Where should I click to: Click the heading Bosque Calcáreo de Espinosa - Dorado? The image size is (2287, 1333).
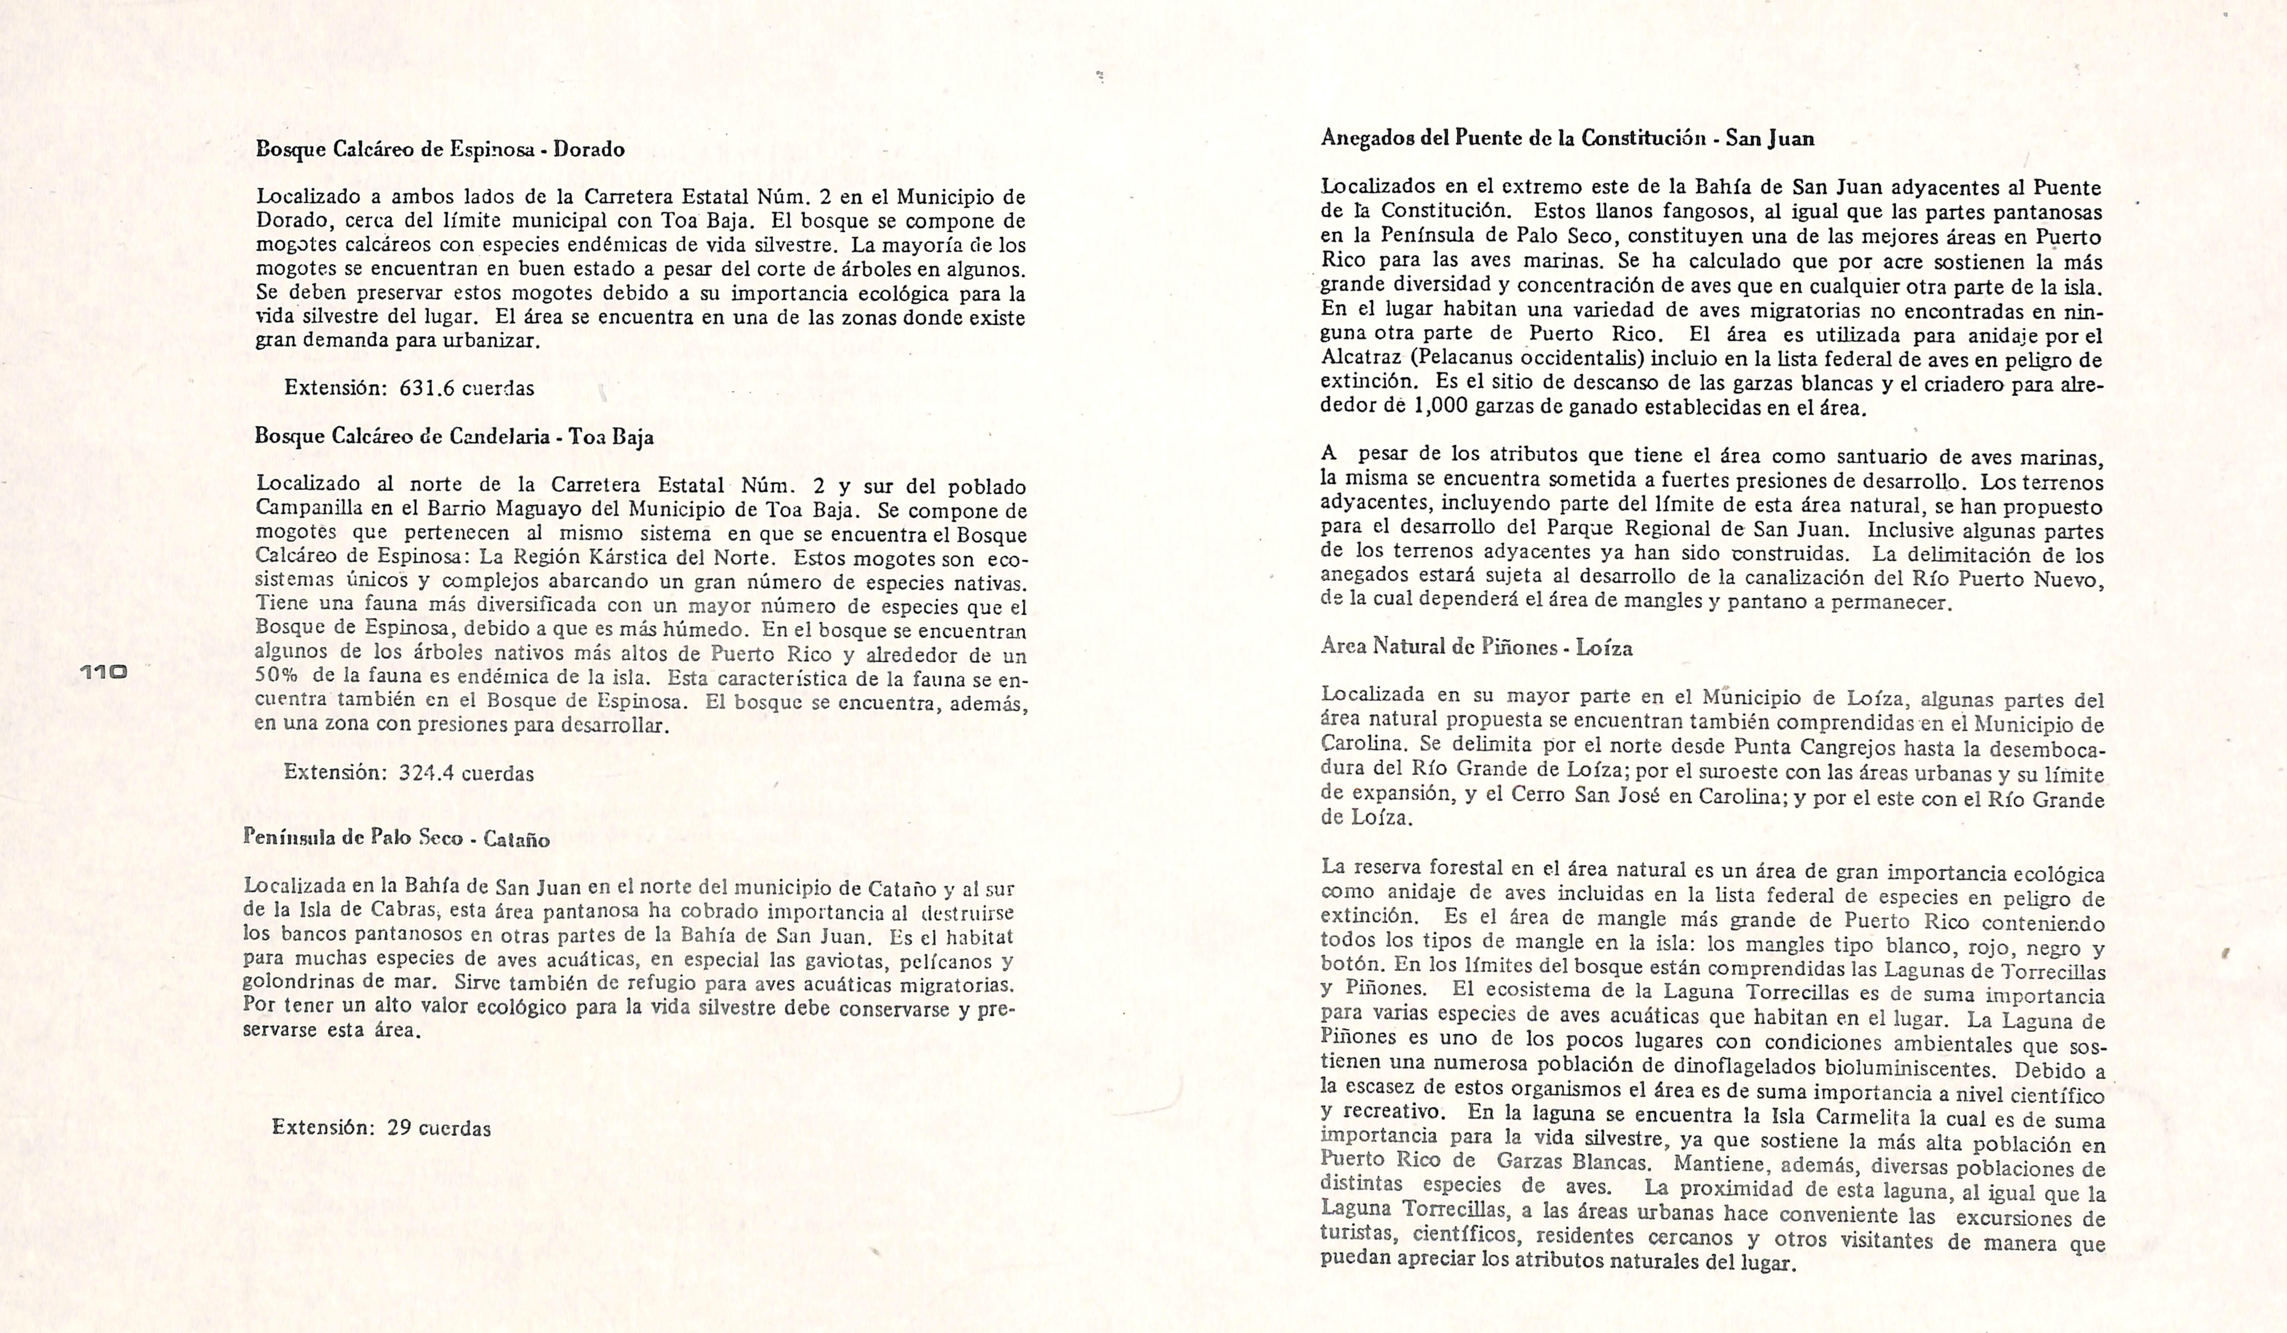point(440,149)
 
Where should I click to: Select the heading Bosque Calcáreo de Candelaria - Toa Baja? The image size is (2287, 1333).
point(454,437)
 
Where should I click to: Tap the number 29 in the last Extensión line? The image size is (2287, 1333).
point(399,1128)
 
